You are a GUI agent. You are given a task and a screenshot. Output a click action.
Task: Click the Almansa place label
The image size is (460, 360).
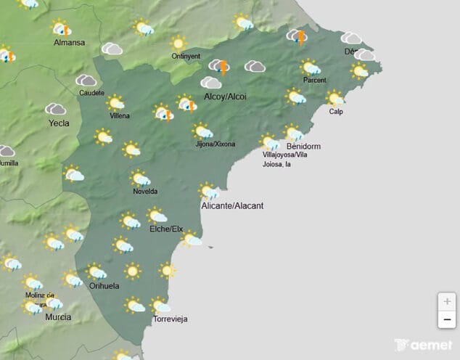pyautogui.click(x=69, y=43)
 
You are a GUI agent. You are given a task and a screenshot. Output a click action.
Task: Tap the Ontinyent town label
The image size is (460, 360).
pyautogui.click(x=185, y=56)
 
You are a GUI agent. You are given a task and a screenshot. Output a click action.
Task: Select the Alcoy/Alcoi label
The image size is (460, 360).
pyautogui.click(x=227, y=96)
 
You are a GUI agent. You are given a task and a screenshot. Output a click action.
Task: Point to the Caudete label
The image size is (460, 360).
pyautogui.click(x=91, y=93)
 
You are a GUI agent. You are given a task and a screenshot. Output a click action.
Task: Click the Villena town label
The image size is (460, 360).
pyautogui.click(x=120, y=115)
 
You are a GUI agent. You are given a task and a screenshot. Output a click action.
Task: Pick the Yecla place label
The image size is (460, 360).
pyautogui.click(x=59, y=123)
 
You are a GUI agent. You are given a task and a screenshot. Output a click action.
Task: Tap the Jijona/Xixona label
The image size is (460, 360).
pyautogui.click(x=215, y=144)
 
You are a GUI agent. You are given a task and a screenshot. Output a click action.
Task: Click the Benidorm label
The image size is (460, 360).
pyautogui.click(x=304, y=147)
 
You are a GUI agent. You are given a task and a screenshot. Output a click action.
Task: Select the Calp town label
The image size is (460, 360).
pyautogui.click(x=336, y=112)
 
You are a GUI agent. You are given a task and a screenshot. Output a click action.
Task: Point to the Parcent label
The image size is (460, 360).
pyautogui.click(x=315, y=81)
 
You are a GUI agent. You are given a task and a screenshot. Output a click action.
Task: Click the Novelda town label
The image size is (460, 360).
pyautogui.click(x=145, y=192)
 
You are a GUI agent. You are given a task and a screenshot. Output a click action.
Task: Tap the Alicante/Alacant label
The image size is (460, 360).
pyautogui.click(x=232, y=206)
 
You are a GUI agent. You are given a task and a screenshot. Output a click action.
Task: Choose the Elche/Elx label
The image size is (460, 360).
pyautogui.click(x=166, y=229)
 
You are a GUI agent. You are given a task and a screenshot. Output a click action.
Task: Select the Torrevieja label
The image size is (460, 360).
pyautogui.click(x=171, y=319)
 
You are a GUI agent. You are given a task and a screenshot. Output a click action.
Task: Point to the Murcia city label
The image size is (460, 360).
pyautogui.click(x=57, y=317)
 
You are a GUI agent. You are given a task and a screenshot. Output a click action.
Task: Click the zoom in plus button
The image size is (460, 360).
pyautogui.click(x=447, y=301)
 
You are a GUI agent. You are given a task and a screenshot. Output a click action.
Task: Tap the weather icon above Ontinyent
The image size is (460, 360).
pyautogui.click(x=178, y=42)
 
